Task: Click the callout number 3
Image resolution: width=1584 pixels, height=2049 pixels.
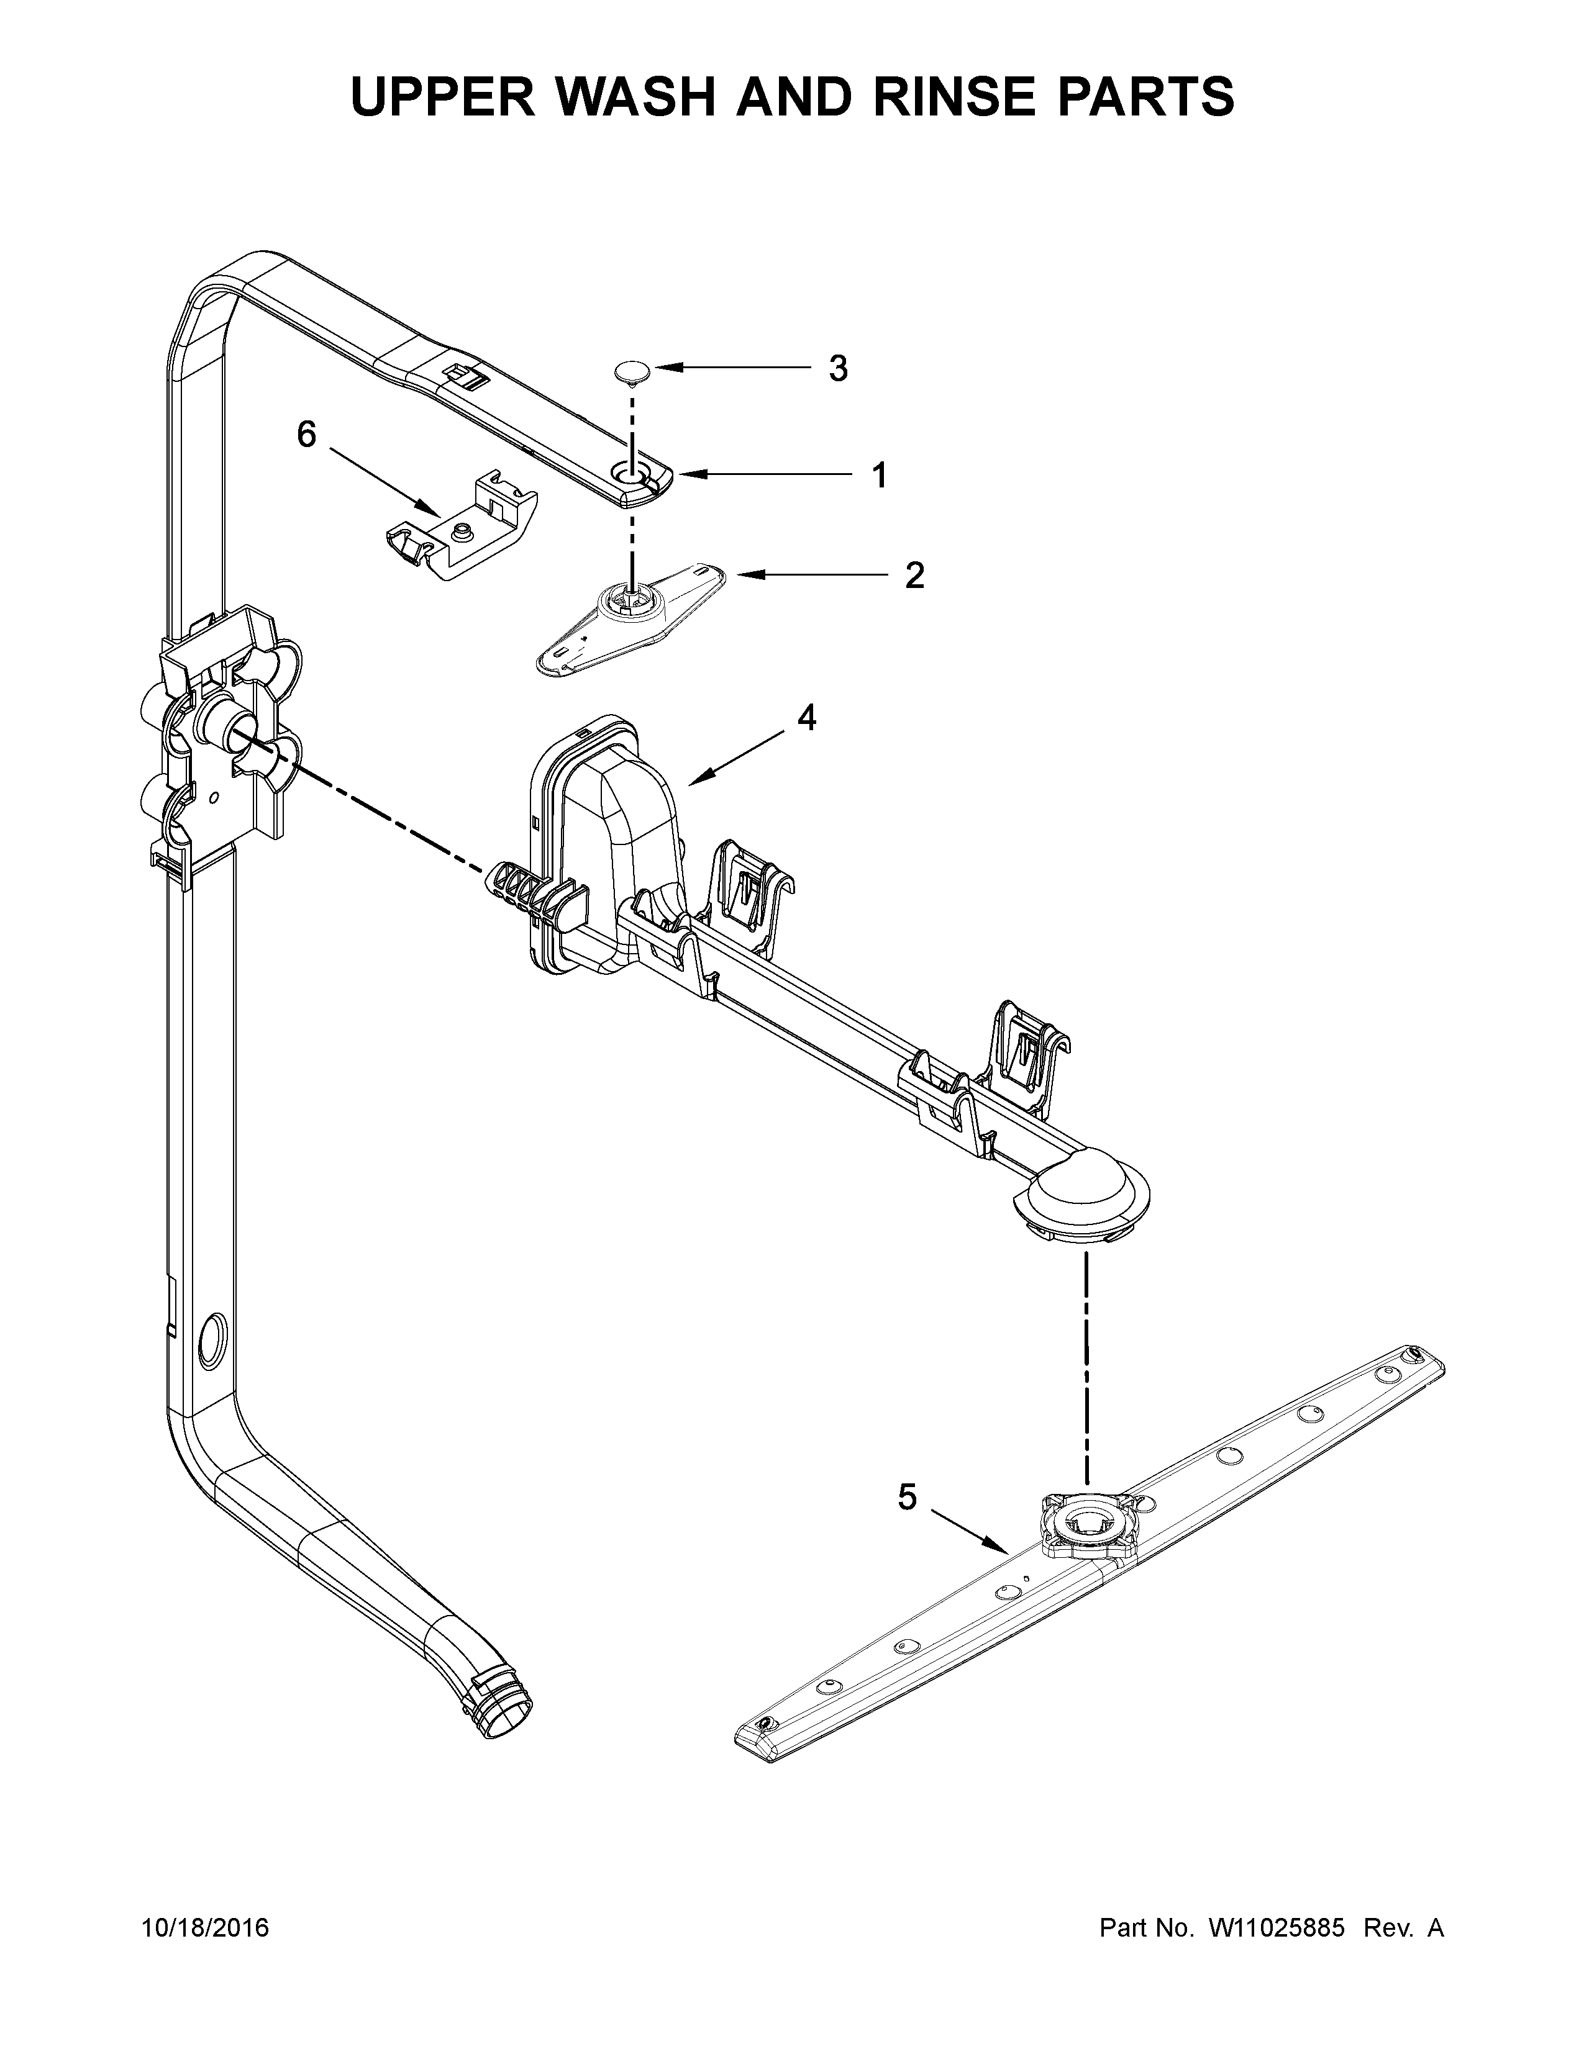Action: [838, 369]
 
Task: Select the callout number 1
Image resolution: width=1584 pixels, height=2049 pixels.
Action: [879, 476]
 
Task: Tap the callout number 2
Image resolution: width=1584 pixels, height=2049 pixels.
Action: [914, 575]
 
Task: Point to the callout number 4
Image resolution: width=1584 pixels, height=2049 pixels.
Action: [807, 718]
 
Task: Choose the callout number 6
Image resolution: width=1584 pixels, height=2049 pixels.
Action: [307, 435]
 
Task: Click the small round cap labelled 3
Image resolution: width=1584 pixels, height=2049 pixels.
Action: [634, 371]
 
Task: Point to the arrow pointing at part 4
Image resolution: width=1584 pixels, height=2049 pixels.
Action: [737, 757]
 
